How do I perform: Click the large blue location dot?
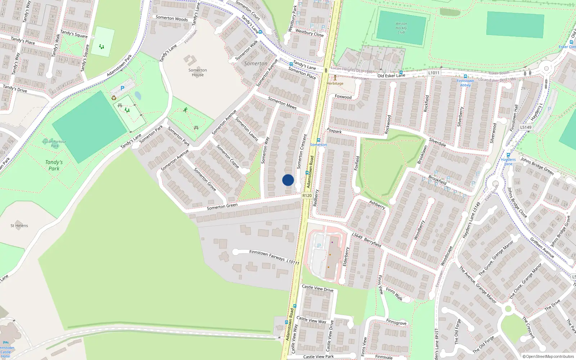click(288, 180)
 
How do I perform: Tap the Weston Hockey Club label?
click(401, 28)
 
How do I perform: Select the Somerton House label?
click(198, 73)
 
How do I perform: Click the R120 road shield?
click(307, 195)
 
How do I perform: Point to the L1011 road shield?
click(434, 73)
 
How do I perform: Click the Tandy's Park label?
click(54, 165)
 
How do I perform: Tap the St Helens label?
click(19, 226)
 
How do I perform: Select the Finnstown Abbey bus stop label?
click(465, 83)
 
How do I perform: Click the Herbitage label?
click(335, 84)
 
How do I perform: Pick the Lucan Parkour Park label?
click(54, 144)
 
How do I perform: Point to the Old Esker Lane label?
click(391, 76)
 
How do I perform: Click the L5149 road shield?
click(526, 127)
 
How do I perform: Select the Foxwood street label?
click(343, 97)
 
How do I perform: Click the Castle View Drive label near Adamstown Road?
click(318, 288)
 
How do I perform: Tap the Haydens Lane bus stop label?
click(508, 161)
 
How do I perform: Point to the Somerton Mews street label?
click(282, 103)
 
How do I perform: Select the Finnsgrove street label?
click(396, 322)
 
